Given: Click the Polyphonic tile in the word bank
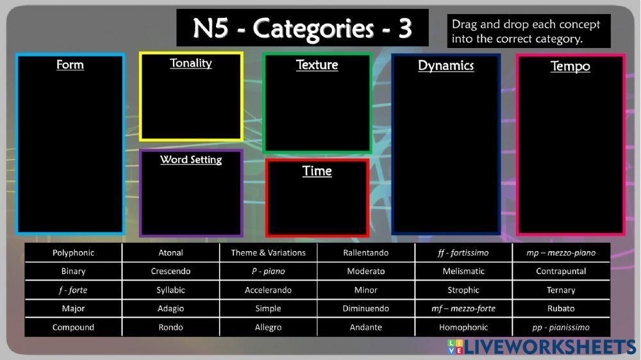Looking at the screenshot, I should click(x=73, y=252).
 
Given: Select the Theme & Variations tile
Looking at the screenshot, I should click(x=268, y=252).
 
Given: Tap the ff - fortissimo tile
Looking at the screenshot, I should click(x=463, y=252).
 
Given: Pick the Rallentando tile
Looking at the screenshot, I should click(x=365, y=252).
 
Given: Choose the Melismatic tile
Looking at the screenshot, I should click(x=463, y=271).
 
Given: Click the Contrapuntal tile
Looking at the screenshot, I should click(x=561, y=271).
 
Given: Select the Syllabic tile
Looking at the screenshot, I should click(x=171, y=290).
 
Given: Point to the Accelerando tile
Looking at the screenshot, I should click(x=268, y=290).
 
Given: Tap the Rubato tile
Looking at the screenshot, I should click(x=561, y=309).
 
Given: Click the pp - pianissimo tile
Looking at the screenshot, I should click(x=561, y=327).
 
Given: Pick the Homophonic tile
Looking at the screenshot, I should click(x=463, y=327).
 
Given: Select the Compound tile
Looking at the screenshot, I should click(x=73, y=327).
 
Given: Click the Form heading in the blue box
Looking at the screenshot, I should click(x=70, y=65).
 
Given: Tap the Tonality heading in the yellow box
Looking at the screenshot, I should click(x=191, y=63).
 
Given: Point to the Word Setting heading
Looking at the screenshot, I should click(x=191, y=160).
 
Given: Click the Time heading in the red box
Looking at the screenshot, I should click(x=317, y=171).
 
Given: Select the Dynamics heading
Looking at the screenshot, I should click(x=445, y=65).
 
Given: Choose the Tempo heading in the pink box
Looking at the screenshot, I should click(x=570, y=66).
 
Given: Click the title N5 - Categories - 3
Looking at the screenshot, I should click(x=302, y=28).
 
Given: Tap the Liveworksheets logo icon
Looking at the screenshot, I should click(x=454, y=347).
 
